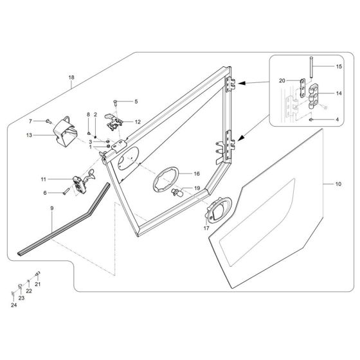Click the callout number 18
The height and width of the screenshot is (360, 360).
coord(71,78)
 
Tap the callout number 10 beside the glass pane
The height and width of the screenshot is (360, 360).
coord(339,184)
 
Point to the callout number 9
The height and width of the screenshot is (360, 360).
coord(51,208)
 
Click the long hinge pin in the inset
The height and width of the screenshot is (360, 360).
coord(310,67)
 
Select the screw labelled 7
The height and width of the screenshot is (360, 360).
coord(49,121)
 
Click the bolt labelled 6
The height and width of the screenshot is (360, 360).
coord(66,191)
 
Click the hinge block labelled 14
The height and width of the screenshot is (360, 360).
coord(314,93)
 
